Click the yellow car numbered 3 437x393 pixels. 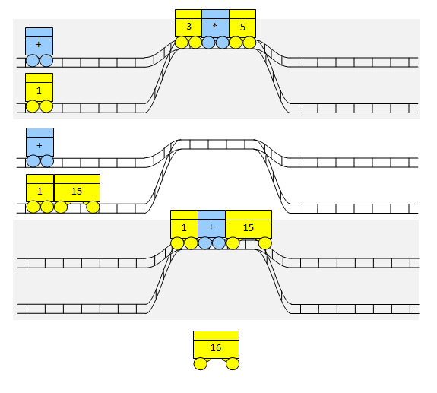click(188, 29)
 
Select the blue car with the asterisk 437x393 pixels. click(215, 29)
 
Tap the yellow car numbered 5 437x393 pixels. click(242, 29)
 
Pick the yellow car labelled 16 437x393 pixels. click(217, 350)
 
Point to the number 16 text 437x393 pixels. click(216, 348)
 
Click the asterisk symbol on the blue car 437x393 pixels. click(214, 25)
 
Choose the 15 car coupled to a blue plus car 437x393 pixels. click(249, 230)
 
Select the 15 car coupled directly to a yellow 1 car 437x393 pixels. click(77, 193)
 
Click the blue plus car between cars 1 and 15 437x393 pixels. click(211, 230)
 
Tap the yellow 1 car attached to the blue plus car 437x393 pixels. click(184, 230)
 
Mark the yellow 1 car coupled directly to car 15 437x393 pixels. click(40, 193)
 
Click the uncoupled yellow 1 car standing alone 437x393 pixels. click(39, 93)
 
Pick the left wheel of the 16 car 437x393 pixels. click(201, 363)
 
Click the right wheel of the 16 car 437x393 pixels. click(233, 363)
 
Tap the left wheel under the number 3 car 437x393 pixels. click(182, 43)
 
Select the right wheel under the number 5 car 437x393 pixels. click(249, 43)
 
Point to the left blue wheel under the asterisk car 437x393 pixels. click(208, 43)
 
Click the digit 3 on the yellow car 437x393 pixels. click(188, 27)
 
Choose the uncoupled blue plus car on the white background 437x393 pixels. click(40, 147)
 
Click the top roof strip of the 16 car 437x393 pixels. click(217, 335)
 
